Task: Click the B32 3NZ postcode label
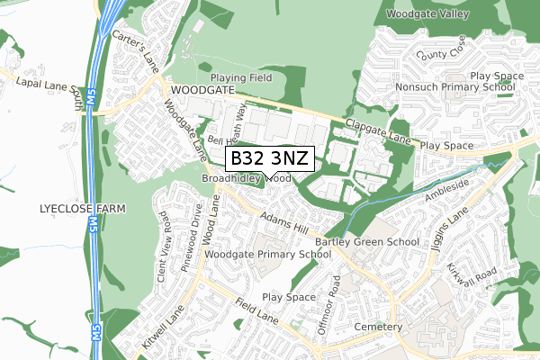(x=268, y=159)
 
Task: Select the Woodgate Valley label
(x=427, y=14)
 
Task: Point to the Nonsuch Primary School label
(x=454, y=87)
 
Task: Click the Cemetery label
(x=378, y=326)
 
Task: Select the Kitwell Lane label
(x=161, y=333)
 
